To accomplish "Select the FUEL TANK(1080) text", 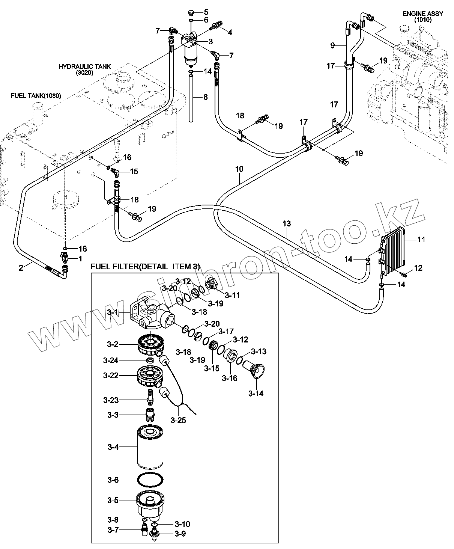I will point(36,96).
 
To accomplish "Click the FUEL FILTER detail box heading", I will point(145,267).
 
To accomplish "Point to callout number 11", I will point(421,239).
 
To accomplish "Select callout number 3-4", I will point(113,447).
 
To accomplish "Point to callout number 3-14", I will point(256,394).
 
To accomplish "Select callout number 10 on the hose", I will point(239,169).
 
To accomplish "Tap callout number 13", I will point(286,224).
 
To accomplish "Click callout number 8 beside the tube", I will point(205,97).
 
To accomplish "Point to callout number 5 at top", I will point(206,12).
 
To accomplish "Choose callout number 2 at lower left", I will point(21,267).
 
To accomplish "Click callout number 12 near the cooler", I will point(418,268).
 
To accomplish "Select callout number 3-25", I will point(178,421).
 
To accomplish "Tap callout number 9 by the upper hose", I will point(332,45).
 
